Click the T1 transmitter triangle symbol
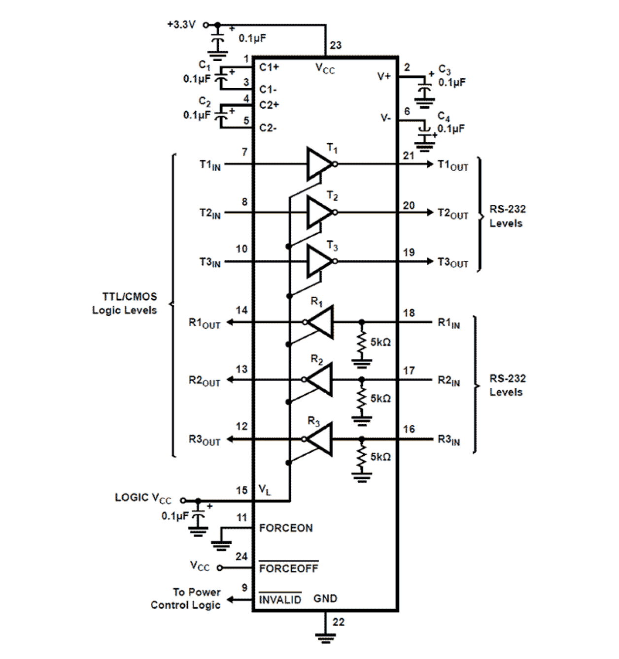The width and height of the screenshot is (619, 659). [x=319, y=164]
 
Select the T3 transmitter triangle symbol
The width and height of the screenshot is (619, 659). [x=319, y=261]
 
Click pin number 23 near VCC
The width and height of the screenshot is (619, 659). [x=336, y=45]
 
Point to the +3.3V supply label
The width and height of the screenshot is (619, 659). [x=181, y=25]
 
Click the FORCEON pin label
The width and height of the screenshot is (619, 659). [x=286, y=528]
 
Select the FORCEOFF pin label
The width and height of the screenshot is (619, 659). [x=289, y=568]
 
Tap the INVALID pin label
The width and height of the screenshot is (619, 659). [x=280, y=599]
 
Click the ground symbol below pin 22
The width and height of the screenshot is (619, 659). [x=325, y=637]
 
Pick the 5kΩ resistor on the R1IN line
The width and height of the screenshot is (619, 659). [x=362, y=343]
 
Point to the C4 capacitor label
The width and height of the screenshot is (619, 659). [x=444, y=117]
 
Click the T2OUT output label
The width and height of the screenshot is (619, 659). [x=452, y=214]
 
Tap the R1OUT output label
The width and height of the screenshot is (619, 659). [x=205, y=323]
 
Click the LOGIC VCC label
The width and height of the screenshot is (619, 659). [x=143, y=498]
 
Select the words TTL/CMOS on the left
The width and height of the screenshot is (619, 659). [x=130, y=296]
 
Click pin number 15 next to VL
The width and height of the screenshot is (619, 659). [x=241, y=490]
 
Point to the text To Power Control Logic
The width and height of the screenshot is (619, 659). [x=186, y=598]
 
